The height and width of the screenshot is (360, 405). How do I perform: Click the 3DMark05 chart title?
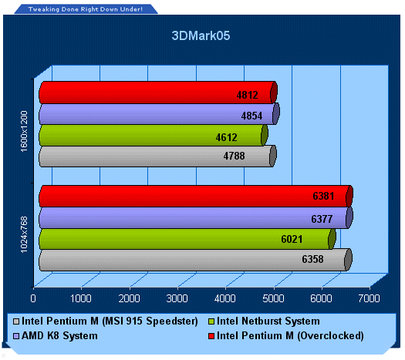coord(201,35)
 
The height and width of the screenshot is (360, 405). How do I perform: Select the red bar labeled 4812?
coord(158,93)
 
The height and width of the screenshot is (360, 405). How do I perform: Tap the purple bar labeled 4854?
coord(159,114)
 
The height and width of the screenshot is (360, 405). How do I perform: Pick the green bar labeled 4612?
coord(154,135)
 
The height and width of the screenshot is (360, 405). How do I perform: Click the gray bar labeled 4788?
coord(157,156)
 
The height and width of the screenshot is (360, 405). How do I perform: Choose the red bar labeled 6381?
coord(196,196)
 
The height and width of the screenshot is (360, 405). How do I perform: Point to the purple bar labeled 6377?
coord(196,218)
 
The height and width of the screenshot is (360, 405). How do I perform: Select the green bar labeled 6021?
coord(187,239)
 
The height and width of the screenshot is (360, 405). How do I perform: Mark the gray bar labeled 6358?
coord(195,260)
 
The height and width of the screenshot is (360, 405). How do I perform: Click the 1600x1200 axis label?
coord(24,131)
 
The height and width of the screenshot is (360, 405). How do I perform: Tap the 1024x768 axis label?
coord(24,235)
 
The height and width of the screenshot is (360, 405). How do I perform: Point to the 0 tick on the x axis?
coord(33,298)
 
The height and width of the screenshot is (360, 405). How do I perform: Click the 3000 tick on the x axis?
coord(177,298)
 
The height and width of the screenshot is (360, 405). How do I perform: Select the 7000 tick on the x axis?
coord(369,298)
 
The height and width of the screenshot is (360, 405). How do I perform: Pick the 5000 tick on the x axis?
coord(273,298)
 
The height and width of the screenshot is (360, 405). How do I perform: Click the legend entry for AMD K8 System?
coord(56,336)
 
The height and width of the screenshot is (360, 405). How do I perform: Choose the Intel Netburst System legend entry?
coord(265,321)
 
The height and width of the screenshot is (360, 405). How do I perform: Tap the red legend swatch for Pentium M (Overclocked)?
coord(211,336)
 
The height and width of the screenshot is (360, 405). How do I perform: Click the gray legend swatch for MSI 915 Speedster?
coord(16,321)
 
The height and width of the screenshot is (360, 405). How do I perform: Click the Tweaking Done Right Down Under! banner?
coord(86,9)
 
